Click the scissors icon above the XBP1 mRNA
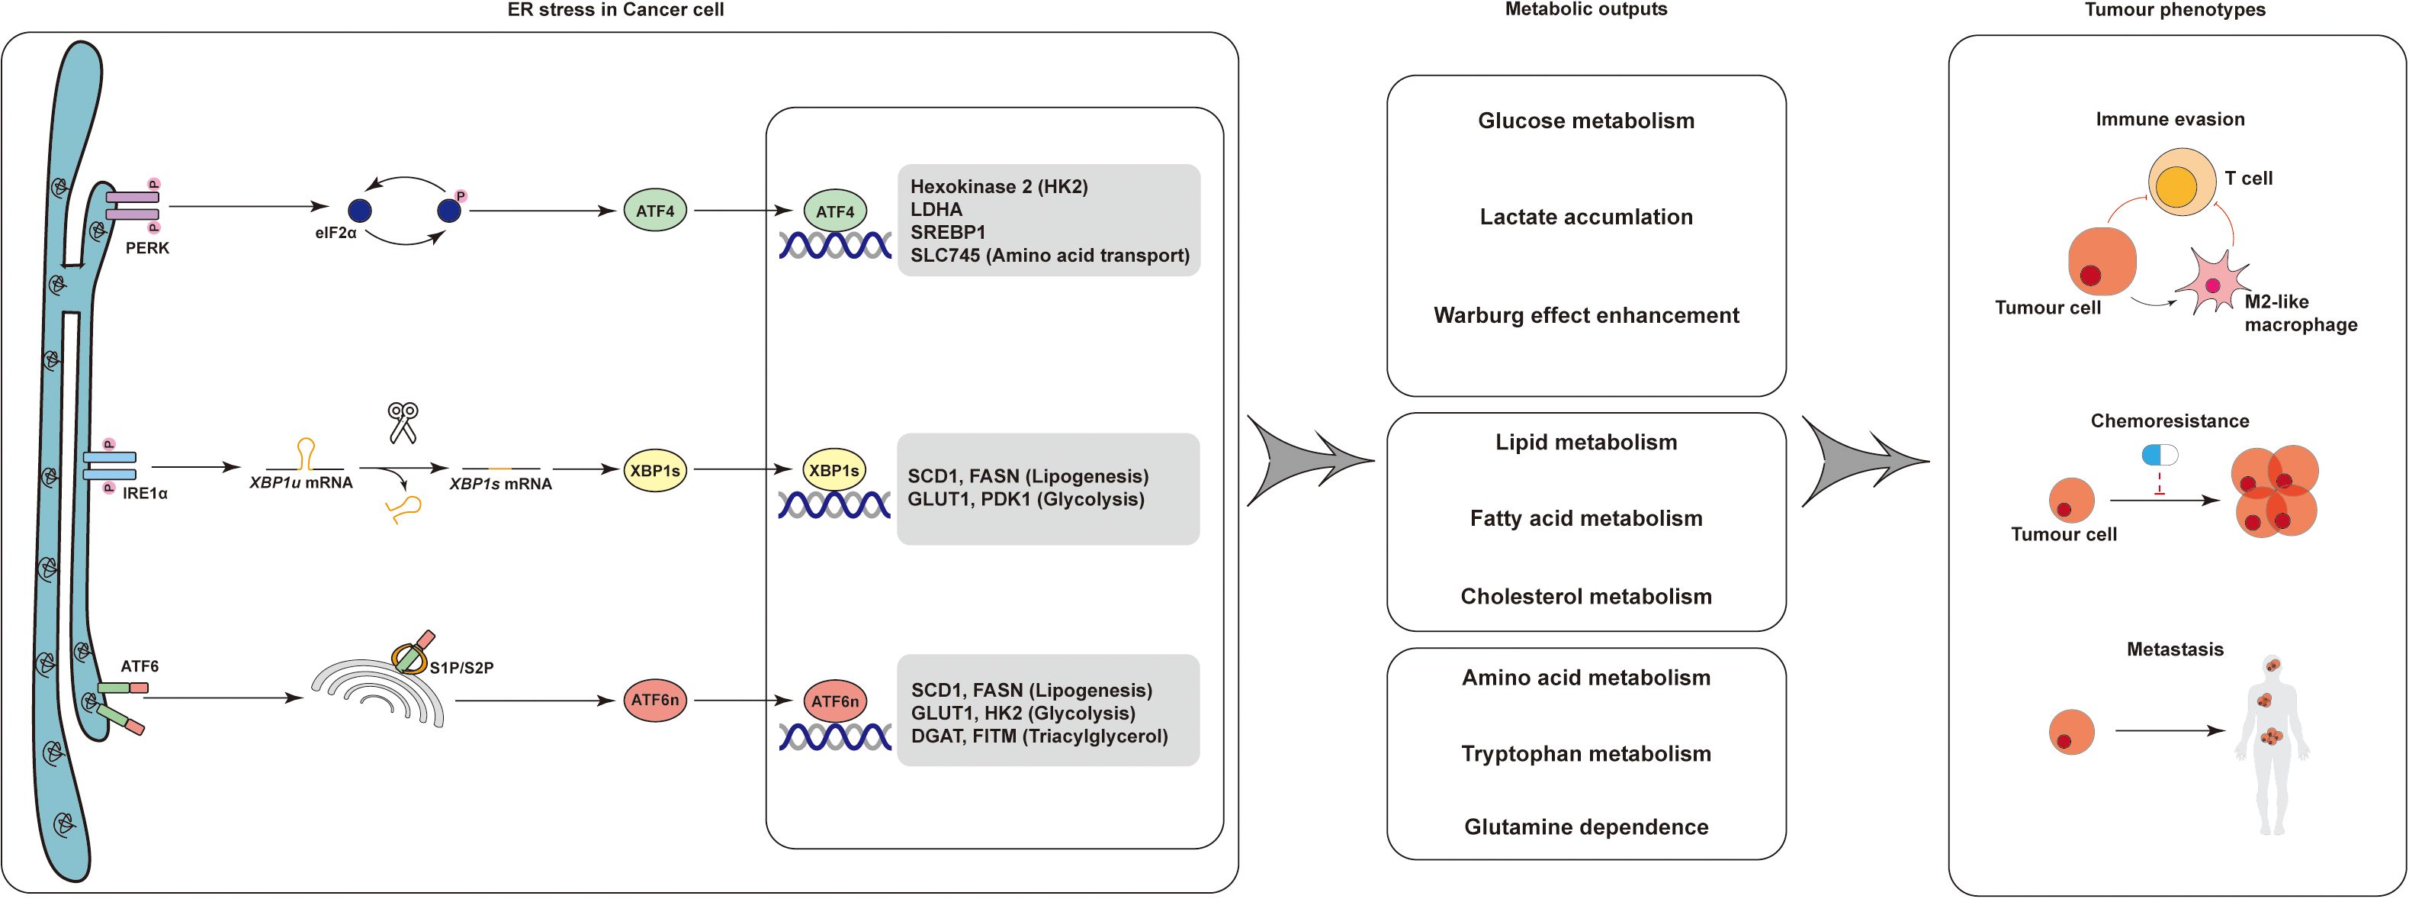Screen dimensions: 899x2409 [403, 422]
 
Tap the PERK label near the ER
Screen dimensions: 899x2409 [147, 249]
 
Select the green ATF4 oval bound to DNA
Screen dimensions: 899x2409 [835, 212]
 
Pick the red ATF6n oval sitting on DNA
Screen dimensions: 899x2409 [835, 701]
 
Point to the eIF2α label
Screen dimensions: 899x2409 [336, 233]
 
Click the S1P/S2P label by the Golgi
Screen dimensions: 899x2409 [461, 668]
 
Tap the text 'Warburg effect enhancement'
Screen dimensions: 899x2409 [1586, 315]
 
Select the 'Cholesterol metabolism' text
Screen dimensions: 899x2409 [1586, 597]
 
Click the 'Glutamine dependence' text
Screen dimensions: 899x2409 [1586, 827]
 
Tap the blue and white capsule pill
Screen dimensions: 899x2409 [2160, 456]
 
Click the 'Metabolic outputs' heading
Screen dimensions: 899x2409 [1586, 9]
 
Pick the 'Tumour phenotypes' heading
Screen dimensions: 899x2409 [2175, 9]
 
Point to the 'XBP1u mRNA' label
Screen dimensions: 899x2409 [301, 483]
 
